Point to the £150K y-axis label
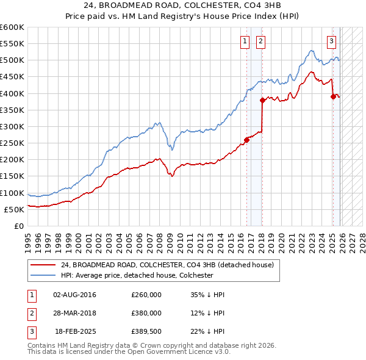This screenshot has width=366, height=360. (12, 176)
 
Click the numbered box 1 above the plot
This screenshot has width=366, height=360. (245, 41)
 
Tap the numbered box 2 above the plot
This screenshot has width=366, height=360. (260, 41)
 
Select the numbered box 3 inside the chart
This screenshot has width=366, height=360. (331, 41)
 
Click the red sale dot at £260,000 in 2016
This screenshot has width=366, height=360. (247, 140)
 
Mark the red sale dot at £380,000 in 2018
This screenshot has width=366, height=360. (262, 100)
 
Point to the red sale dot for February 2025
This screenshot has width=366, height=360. (333, 96)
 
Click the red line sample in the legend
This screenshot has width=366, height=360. (43, 265)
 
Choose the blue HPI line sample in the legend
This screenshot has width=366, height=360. (43, 275)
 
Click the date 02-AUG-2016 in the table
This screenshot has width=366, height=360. (74, 295)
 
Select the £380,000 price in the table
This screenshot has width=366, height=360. (146, 313)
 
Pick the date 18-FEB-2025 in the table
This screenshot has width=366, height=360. (76, 331)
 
